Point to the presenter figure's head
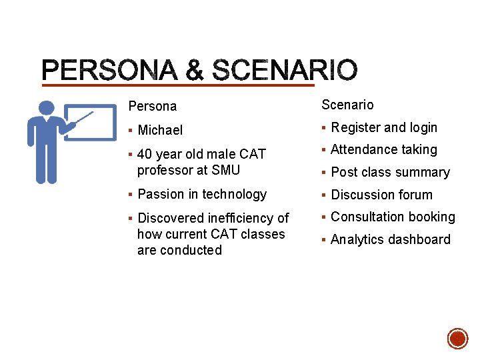tap(47, 109)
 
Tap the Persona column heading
tap(153, 107)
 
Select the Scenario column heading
tap(347, 105)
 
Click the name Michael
tap(160, 131)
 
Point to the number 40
tap(145, 155)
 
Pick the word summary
tap(425, 173)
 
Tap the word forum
tap(415, 195)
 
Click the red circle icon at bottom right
tap(457, 339)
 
